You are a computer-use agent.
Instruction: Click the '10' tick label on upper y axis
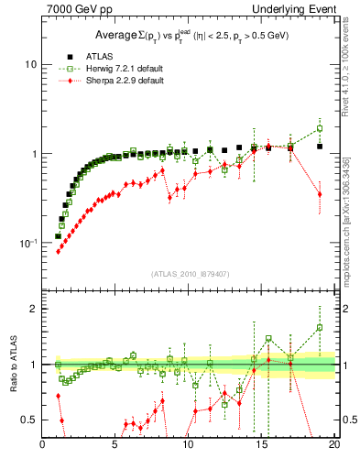(x=29, y=65)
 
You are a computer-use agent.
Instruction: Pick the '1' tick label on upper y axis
(x=32, y=154)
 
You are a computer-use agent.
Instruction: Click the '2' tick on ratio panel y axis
(x=33, y=309)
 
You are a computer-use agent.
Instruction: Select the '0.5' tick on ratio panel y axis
(x=27, y=420)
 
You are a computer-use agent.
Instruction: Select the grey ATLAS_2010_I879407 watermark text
(x=189, y=273)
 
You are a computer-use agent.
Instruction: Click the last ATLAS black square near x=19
(x=320, y=147)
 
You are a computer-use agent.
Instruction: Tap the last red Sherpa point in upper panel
(x=320, y=194)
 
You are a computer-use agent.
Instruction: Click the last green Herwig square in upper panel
(x=320, y=129)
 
